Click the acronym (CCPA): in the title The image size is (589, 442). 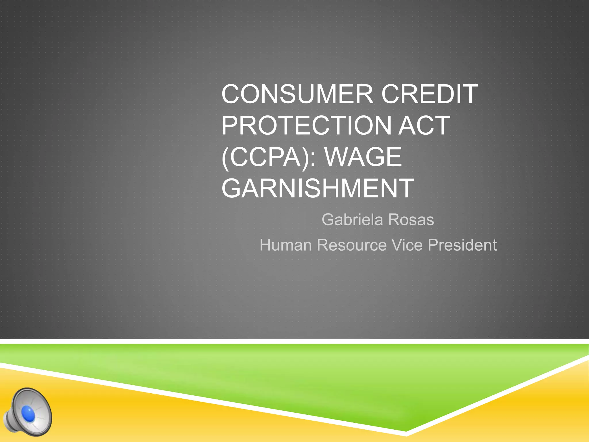point(269,157)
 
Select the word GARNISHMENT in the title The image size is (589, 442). point(318,188)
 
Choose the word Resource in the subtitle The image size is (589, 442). point(351,245)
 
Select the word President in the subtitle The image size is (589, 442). point(462,245)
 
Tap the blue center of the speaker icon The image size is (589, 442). point(28,414)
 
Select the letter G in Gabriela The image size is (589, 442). point(328,220)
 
